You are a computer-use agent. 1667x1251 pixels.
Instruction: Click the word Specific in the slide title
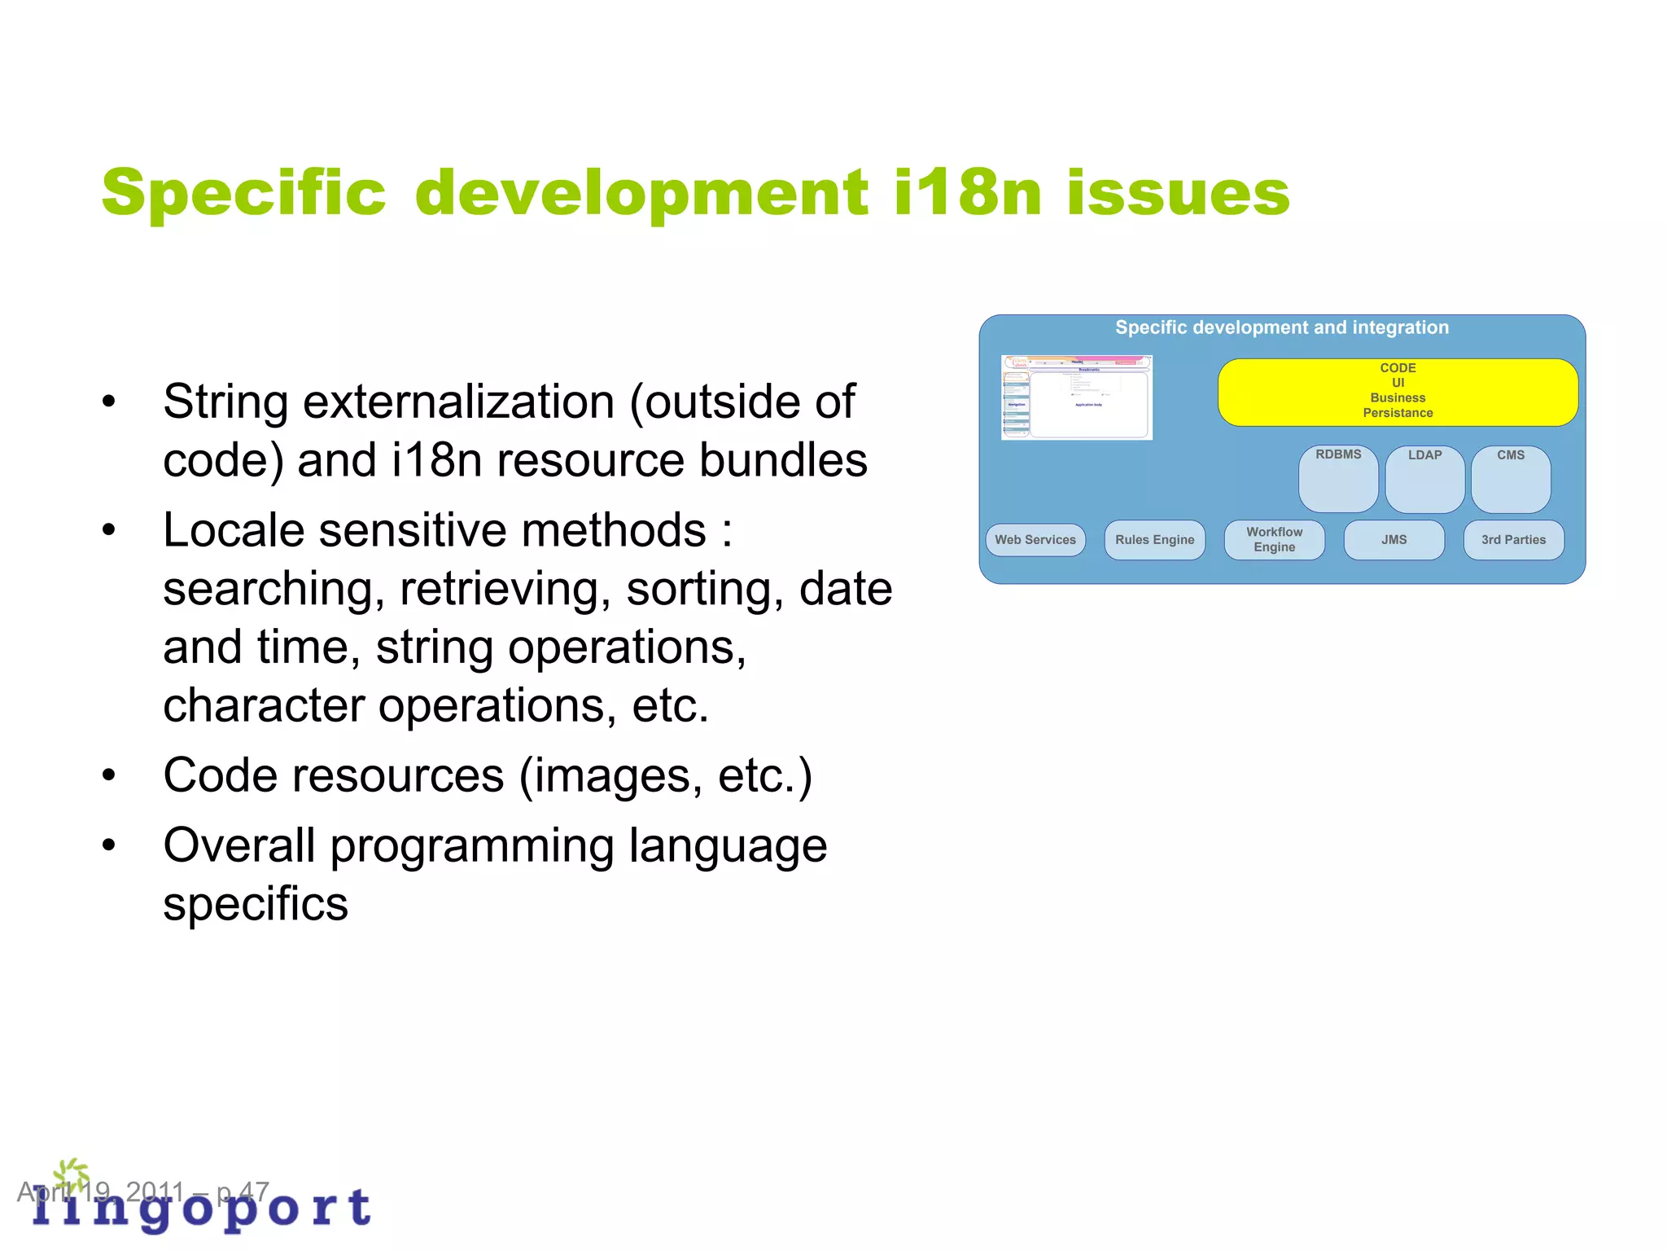(x=243, y=194)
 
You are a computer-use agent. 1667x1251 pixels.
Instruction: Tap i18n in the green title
(x=966, y=194)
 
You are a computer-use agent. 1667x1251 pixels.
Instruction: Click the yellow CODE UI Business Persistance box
(x=1397, y=392)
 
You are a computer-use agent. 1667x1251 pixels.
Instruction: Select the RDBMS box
(x=1337, y=478)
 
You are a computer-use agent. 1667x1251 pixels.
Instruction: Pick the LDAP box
(x=1424, y=480)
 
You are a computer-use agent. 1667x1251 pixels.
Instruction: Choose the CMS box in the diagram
(x=1510, y=480)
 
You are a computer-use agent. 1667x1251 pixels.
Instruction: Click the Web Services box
(x=1035, y=540)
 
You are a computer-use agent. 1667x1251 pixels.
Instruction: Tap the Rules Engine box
(x=1154, y=540)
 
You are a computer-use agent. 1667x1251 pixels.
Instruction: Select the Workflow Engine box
(x=1274, y=540)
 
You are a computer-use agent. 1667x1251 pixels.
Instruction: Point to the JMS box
(x=1394, y=540)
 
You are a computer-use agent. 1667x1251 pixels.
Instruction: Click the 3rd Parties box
(x=1512, y=540)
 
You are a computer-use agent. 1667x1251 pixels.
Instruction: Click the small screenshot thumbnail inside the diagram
(x=1076, y=397)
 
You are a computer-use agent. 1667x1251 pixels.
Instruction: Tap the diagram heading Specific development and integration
(x=1281, y=327)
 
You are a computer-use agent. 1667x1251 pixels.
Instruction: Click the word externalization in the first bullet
(x=458, y=402)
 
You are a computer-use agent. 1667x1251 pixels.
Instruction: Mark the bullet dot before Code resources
(x=109, y=775)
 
